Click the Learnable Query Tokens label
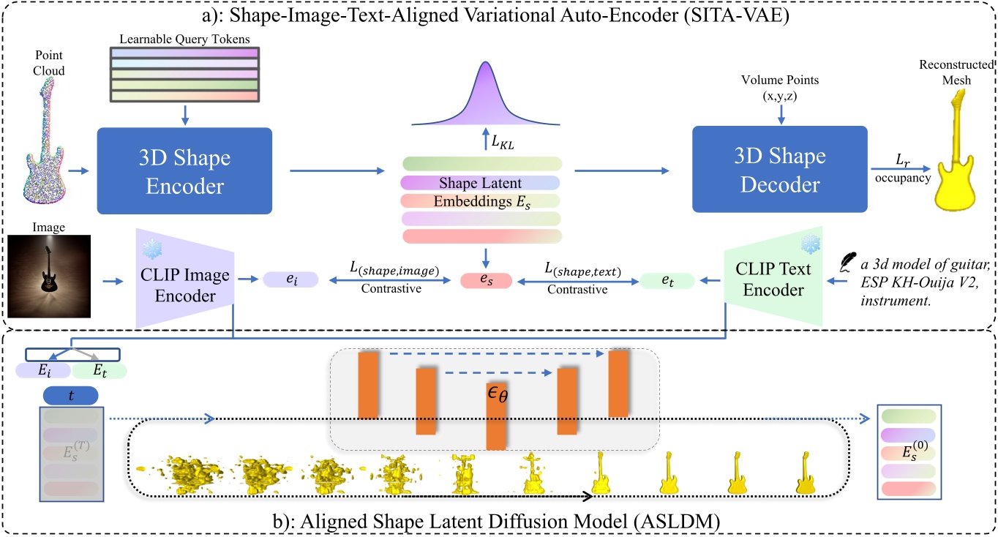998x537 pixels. [184, 37]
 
